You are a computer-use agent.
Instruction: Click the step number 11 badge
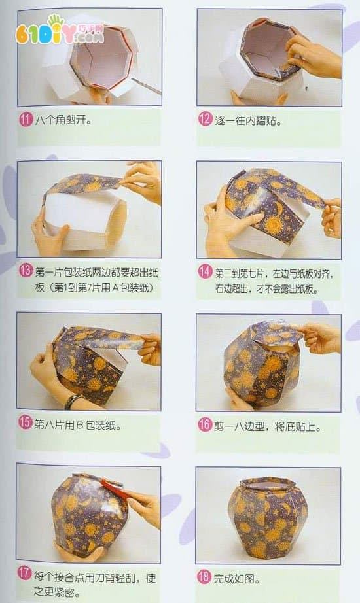pos(26,119)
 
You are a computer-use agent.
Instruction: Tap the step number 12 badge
pos(206,119)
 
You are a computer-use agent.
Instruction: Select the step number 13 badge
pos(26,271)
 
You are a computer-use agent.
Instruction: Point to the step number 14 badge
pos(206,272)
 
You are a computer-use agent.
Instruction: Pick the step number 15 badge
pos(25,422)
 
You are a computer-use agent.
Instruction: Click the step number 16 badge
pos(205,424)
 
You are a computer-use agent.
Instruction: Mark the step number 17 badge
pos(25,574)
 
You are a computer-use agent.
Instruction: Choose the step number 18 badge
pos(204,576)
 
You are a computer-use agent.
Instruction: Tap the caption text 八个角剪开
pos(63,120)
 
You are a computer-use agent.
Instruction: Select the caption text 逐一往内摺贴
pos(248,120)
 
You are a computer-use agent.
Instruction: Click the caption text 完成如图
pos(237,578)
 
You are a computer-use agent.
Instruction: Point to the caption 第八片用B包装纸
pos(78,424)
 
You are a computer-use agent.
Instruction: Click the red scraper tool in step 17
pos(113,488)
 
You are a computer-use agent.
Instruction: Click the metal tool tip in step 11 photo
pos(147,86)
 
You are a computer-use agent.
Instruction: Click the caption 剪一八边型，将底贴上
pos(267,426)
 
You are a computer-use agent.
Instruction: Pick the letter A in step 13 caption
pos(115,288)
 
